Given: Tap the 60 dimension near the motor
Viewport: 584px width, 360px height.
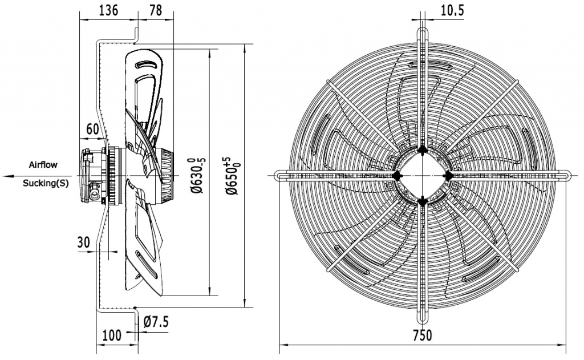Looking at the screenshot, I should (92, 128).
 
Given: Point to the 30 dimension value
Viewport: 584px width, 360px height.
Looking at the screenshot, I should (84, 242).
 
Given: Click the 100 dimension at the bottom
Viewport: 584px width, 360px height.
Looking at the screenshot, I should (111, 335).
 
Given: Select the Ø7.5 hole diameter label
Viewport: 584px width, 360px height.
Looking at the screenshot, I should (156, 322).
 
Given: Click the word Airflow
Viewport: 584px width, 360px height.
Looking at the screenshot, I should (43, 165).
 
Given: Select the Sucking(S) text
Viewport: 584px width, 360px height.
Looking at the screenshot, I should (43, 183).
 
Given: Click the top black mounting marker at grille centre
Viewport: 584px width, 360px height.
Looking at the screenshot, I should (422, 149).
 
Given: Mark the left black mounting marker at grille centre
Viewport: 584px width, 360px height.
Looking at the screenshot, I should (396, 175).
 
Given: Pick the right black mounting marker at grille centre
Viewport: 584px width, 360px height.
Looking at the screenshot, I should (448, 175).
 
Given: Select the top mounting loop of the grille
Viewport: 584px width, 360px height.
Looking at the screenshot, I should (422, 31).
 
